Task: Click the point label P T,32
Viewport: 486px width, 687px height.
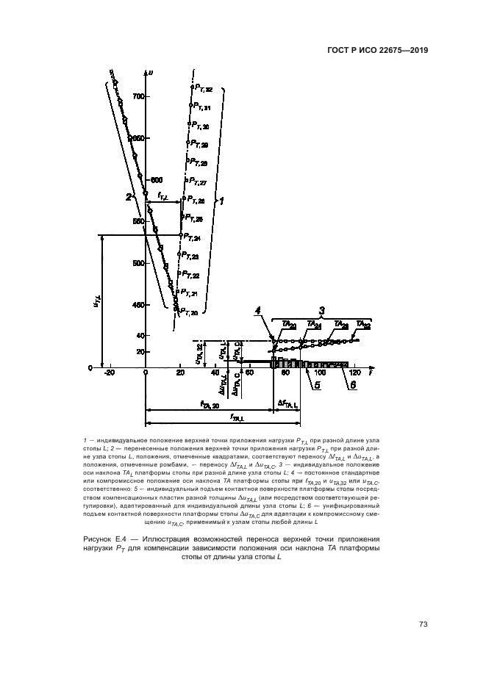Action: (x=202, y=89)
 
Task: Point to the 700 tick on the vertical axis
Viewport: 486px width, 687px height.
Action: (x=137, y=96)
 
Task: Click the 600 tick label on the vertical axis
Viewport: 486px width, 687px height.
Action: (x=156, y=179)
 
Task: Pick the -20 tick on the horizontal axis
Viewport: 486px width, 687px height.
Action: (x=110, y=373)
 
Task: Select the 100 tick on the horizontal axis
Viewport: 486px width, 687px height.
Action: (x=319, y=373)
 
